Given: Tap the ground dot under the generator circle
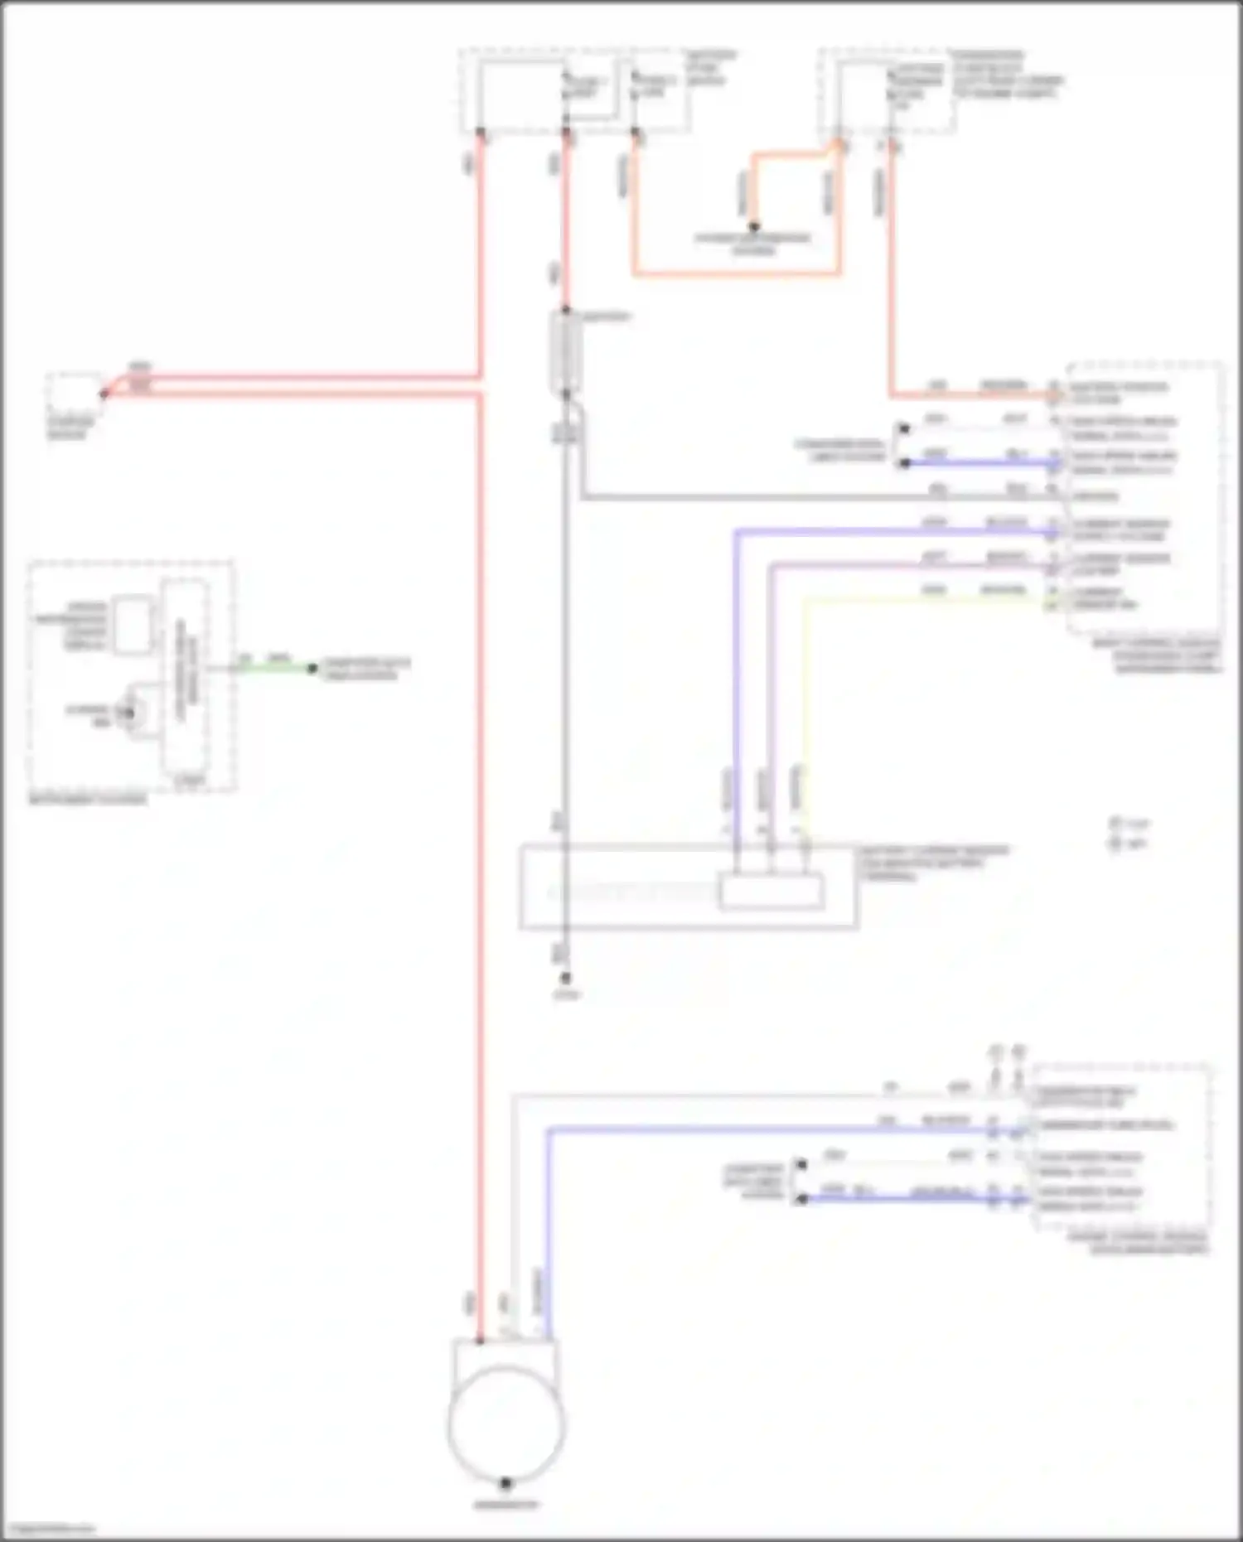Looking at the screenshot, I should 506,1482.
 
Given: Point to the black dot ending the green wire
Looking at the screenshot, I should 312,668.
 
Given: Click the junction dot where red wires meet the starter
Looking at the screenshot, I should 104,393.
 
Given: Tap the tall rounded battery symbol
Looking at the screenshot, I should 566,351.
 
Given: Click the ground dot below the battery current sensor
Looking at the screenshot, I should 566,978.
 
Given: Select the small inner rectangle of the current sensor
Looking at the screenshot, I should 771,892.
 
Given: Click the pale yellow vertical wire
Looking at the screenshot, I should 805,713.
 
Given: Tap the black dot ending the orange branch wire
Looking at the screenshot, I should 754,226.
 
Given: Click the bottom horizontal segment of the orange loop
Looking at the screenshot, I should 738,273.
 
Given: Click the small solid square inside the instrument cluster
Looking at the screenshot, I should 133,623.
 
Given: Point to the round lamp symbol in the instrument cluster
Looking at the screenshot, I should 129,713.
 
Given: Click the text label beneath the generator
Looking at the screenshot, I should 506,1504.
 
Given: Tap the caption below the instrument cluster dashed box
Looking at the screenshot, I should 88,800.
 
